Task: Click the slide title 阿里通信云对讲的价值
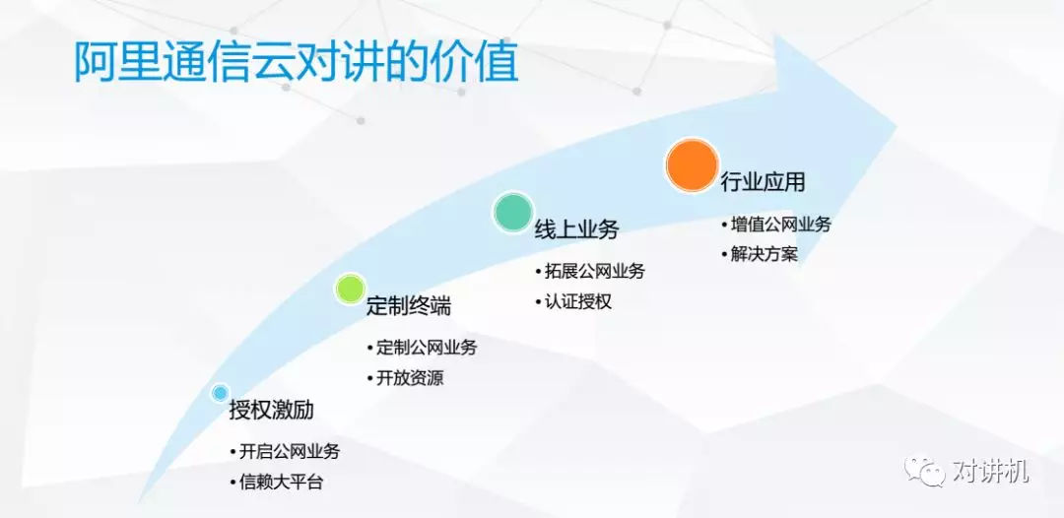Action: pos(296,63)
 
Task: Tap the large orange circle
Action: pos(693,164)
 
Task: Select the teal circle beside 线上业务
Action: pos(513,212)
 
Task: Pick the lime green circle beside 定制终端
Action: pos(350,289)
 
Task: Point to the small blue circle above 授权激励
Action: pos(219,393)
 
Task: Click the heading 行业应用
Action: pos(763,182)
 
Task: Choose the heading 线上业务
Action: pos(576,229)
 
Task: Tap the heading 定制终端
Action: pos(409,306)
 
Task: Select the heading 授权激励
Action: pos(272,411)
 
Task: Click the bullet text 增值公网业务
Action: pos(780,225)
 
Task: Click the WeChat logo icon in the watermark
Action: pos(923,469)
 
